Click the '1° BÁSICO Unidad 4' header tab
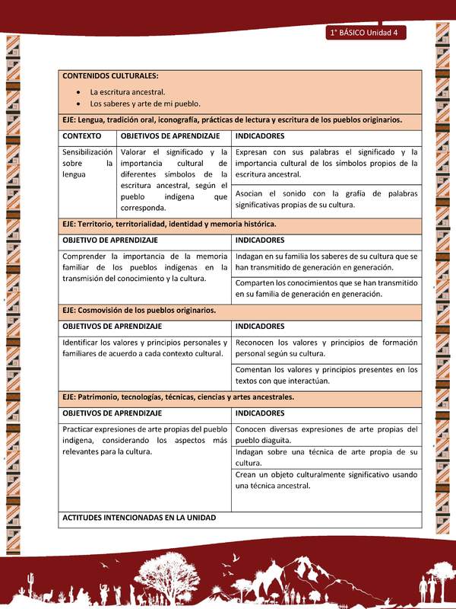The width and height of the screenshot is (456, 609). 367,33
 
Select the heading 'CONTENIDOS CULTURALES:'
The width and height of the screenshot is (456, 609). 110,76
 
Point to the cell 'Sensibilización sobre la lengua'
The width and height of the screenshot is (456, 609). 87,163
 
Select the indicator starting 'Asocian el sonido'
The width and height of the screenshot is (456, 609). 326,199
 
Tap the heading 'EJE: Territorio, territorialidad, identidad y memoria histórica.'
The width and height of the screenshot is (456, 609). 169,224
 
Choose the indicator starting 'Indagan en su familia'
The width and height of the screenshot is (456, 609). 326,262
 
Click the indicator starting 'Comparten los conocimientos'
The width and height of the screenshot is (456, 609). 326,288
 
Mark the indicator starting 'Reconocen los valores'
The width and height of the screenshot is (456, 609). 326,348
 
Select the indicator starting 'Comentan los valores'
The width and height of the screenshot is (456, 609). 326,375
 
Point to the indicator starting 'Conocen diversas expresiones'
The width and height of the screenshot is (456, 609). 326,434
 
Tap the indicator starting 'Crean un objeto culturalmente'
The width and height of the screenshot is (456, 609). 326,480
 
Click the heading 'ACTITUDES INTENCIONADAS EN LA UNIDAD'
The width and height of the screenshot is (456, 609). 139,517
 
